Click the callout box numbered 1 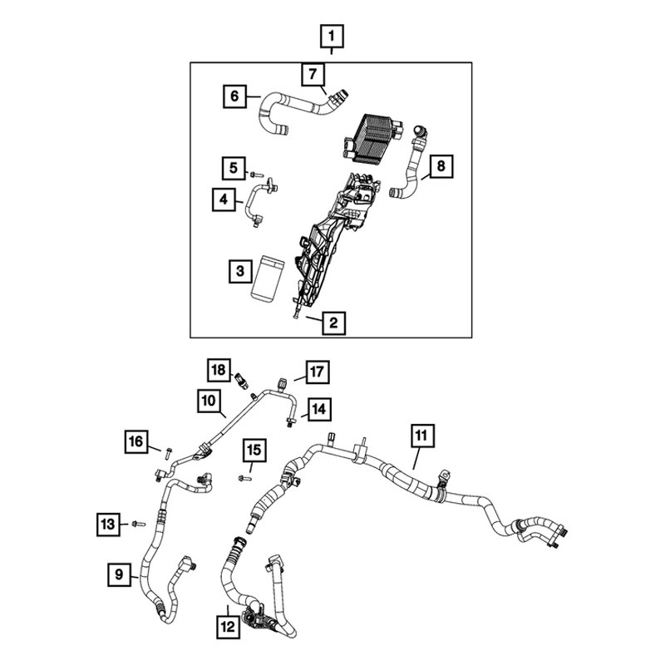331,37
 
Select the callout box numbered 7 313,75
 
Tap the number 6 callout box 234,96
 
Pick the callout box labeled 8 441,166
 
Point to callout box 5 234,168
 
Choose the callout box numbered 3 240,271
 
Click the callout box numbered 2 333,323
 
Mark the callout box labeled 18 219,370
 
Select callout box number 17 318,372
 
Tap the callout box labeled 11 422,435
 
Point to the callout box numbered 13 108,525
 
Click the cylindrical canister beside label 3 268,278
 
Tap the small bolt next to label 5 257,175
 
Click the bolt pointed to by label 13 139,525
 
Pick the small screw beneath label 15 244,479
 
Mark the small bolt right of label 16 168,453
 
